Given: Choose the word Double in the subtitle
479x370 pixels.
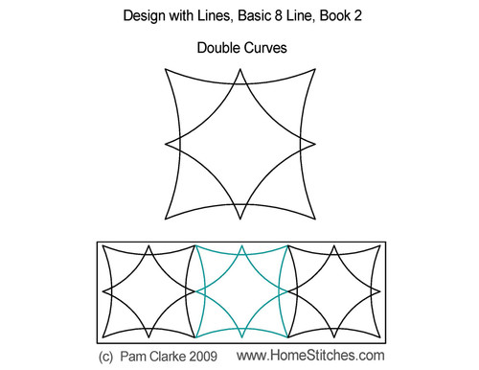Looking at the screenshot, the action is point(217,46).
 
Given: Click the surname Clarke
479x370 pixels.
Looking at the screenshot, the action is point(178,356).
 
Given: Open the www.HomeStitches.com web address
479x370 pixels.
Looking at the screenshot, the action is point(317,356).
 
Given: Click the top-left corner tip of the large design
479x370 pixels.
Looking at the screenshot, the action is point(166,69).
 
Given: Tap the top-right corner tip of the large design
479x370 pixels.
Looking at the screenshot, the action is point(315,69).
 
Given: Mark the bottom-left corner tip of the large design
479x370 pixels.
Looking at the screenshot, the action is point(166,220).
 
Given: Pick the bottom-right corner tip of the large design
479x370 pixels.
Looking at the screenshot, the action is point(315,220).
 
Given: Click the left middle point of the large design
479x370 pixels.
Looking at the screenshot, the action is point(167,145).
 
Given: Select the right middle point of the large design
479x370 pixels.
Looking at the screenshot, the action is point(314,145).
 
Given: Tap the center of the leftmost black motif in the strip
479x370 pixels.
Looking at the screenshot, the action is point(148,289).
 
